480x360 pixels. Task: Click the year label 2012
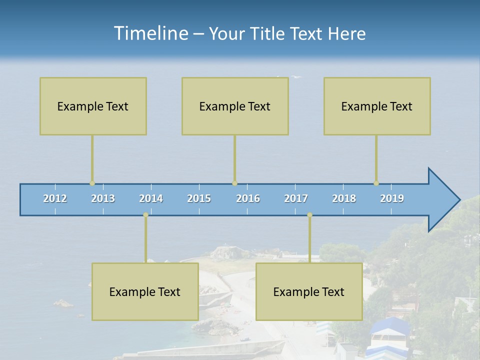55,198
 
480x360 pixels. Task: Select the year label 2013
103,198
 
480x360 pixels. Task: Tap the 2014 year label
151,198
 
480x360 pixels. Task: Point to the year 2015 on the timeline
199,198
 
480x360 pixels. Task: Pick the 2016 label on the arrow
248,198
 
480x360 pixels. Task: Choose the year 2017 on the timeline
296,198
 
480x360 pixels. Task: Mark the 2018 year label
344,198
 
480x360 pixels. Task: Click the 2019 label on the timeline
392,198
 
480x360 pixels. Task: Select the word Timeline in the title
150,33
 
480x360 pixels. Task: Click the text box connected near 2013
93,106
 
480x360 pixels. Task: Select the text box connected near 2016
235,106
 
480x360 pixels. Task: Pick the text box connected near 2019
377,106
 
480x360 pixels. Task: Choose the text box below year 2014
145,291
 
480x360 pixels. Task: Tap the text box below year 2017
309,291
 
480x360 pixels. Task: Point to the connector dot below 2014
145,215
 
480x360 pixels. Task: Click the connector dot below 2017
309,215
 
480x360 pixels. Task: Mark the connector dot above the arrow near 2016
234,183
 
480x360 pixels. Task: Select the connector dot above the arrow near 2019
376,183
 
